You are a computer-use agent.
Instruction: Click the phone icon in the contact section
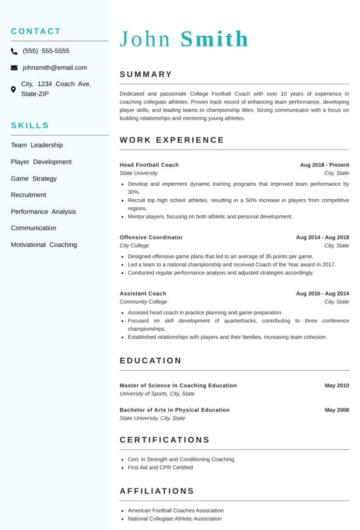(14, 51)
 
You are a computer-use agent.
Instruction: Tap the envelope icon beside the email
(14, 68)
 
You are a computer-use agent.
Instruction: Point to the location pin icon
(13, 89)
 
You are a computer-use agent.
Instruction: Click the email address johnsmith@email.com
(55, 68)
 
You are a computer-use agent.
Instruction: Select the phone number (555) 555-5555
(46, 51)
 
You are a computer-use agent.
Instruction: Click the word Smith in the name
(214, 39)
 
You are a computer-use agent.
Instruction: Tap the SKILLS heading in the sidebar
(30, 125)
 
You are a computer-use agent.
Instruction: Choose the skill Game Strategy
(34, 179)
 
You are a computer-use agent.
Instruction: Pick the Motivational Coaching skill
(44, 245)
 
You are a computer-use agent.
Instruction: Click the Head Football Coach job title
(149, 165)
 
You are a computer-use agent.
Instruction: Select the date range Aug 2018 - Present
(324, 165)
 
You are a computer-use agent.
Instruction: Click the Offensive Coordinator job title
(151, 238)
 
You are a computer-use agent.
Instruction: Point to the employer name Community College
(143, 302)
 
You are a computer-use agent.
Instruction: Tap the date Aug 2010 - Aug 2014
(322, 293)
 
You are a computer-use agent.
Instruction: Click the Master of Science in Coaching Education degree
(178, 386)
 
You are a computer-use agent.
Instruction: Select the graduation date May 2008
(337, 410)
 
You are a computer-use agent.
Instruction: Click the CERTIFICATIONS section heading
(165, 440)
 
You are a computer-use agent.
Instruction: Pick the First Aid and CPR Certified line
(160, 467)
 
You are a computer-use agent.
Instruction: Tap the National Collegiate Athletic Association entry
(175, 519)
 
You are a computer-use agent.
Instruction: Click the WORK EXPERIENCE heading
(172, 140)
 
